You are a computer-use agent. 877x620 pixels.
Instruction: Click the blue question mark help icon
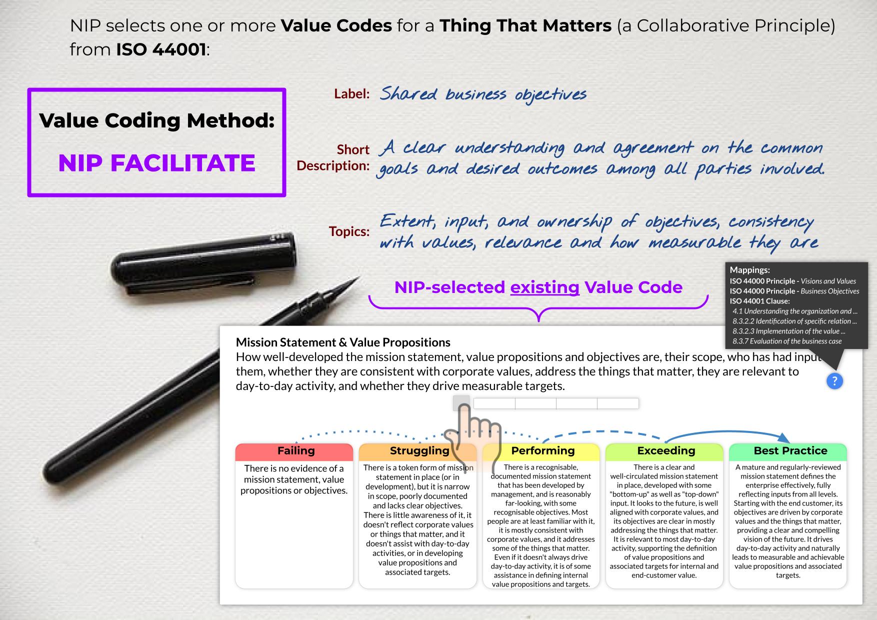(834, 381)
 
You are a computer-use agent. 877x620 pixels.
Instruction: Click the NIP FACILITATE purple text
(156, 163)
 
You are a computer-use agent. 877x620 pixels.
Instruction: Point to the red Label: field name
(352, 94)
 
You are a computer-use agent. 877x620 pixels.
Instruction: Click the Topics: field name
(349, 231)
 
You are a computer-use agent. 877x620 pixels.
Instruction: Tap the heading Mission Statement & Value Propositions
(343, 342)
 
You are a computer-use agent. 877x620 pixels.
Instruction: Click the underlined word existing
(544, 287)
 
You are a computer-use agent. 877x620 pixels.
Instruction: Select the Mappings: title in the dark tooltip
(750, 270)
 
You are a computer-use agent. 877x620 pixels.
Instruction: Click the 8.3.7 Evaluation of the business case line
(787, 341)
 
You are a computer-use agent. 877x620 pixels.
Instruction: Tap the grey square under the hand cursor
(461, 402)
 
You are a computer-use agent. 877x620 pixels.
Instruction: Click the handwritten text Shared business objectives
(483, 94)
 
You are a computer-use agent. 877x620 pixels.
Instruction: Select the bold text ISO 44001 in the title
(161, 49)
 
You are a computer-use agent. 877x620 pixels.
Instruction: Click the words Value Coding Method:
(156, 120)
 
